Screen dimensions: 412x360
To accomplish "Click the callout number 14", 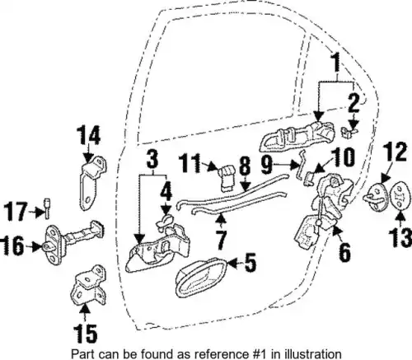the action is (88, 135).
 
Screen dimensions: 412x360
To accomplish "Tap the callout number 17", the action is (16, 211).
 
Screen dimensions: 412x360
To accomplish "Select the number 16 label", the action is (13, 246).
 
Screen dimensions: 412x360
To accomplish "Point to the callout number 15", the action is (86, 334).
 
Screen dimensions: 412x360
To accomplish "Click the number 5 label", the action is (250, 263).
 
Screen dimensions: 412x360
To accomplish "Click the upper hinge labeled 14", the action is (93, 181).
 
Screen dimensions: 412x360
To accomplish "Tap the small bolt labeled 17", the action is (47, 208).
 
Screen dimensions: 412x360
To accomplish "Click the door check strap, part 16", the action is (74, 242).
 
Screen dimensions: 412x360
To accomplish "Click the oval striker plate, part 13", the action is (399, 196).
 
